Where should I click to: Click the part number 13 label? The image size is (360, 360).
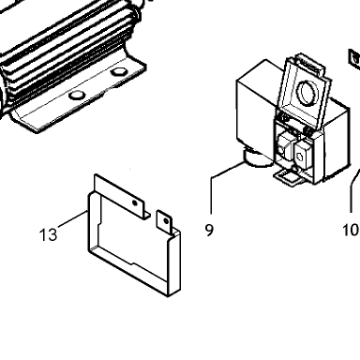(x=49, y=234)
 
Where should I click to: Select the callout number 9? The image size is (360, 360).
(x=209, y=230)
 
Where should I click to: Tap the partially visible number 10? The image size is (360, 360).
(x=352, y=231)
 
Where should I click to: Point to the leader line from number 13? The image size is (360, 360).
(x=72, y=218)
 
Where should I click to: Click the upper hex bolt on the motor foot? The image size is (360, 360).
(x=118, y=72)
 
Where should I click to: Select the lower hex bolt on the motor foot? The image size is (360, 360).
(x=77, y=95)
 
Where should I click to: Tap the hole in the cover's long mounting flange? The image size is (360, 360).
(x=135, y=203)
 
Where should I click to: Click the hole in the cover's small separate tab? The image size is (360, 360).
(x=166, y=221)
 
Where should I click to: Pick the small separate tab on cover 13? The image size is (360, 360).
(x=164, y=222)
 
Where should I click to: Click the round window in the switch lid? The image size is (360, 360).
(x=307, y=92)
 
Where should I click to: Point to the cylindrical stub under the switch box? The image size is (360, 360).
(x=258, y=158)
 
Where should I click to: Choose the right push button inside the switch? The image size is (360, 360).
(x=303, y=153)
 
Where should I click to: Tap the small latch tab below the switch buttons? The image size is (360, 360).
(x=288, y=178)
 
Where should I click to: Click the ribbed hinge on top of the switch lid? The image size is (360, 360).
(x=308, y=65)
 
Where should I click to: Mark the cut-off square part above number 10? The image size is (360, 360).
(x=354, y=59)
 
